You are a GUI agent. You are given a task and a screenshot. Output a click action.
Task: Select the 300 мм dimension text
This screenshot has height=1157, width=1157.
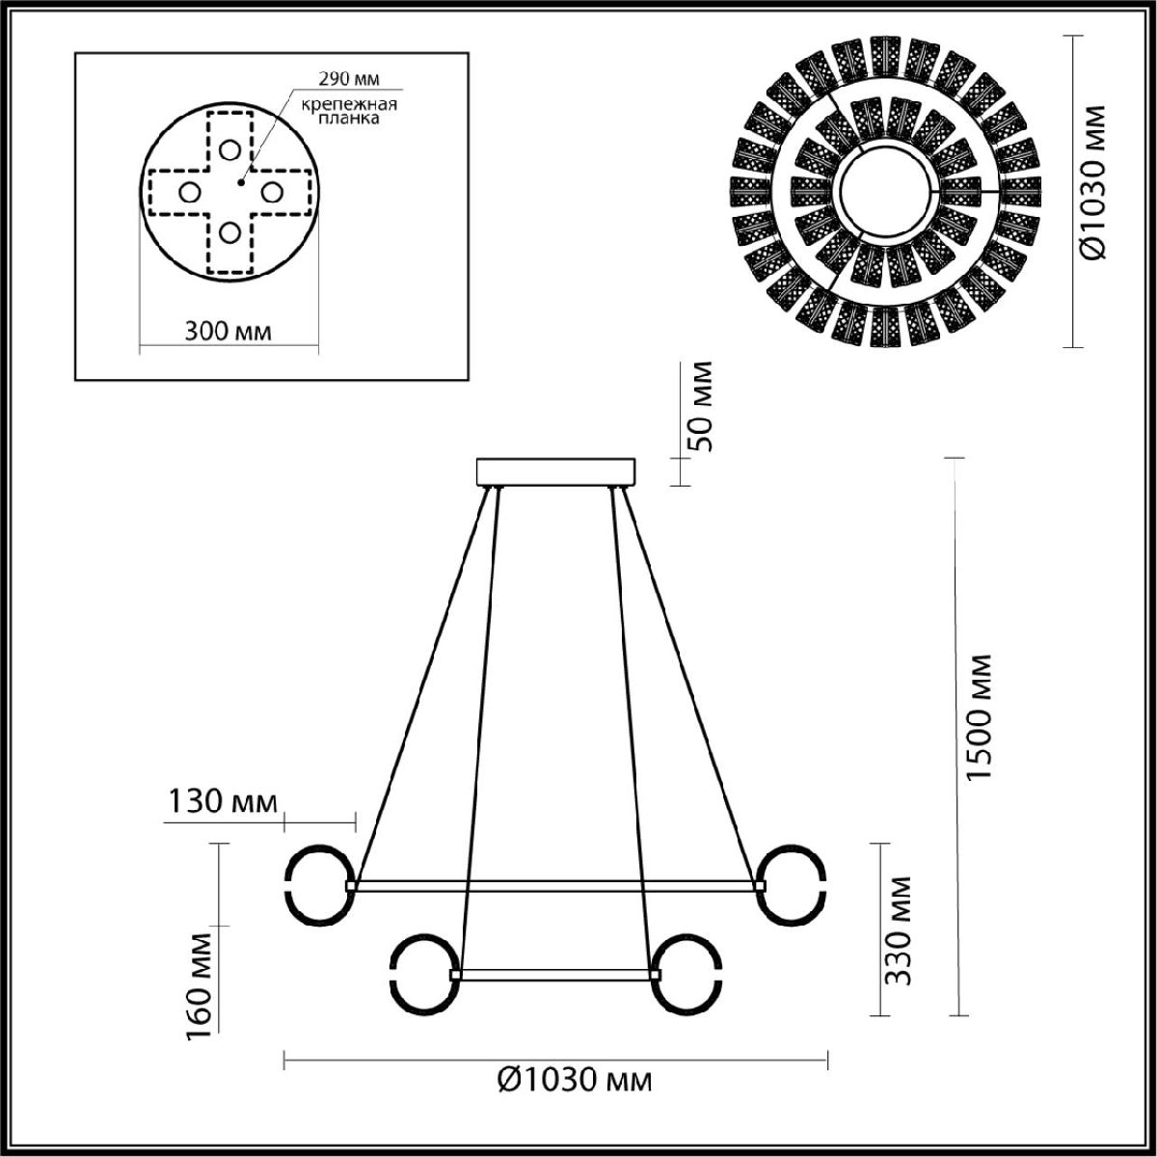click(x=228, y=332)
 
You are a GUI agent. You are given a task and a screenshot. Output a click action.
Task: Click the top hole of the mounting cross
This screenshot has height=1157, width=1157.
click(x=229, y=150)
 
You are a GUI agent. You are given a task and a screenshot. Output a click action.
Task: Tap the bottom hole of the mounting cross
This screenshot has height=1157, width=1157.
click(x=229, y=232)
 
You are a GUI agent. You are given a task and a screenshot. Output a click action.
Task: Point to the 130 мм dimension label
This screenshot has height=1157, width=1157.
click(x=223, y=801)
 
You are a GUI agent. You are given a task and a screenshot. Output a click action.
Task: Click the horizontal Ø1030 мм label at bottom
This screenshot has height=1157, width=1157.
click(x=575, y=1080)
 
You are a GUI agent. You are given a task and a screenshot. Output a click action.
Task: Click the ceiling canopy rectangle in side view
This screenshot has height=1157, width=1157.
click(x=556, y=471)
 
